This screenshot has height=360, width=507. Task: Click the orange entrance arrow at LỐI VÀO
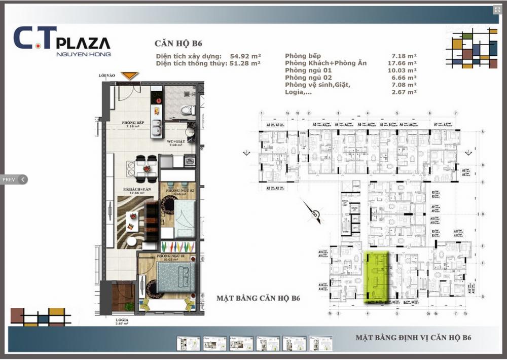click(x=130, y=76)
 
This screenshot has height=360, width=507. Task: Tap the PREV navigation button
click(x=14, y=179)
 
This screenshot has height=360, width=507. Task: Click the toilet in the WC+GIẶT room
click(x=187, y=109)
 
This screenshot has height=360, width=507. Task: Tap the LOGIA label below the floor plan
click(x=121, y=321)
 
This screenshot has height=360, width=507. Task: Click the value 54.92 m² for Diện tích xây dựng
click(x=245, y=56)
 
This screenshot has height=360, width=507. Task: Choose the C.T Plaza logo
click(x=62, y=40)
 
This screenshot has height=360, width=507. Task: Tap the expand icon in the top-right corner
click(x=497, y=10)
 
